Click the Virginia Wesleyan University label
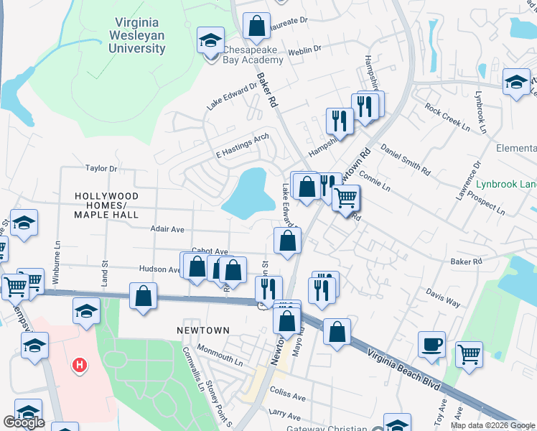pos(136,35)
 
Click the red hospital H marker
pos(80,366)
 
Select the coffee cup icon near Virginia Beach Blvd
pos(431,344)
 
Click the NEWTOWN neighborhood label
pos(203,330)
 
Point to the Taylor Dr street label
pos(101,168)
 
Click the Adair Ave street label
pos(167,229)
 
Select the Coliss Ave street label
pos(287,394)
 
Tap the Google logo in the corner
pos(24,422)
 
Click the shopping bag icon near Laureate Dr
pos(256,27)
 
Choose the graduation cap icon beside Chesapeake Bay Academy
pos(211,40)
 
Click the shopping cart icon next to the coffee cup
pos(468,353)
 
